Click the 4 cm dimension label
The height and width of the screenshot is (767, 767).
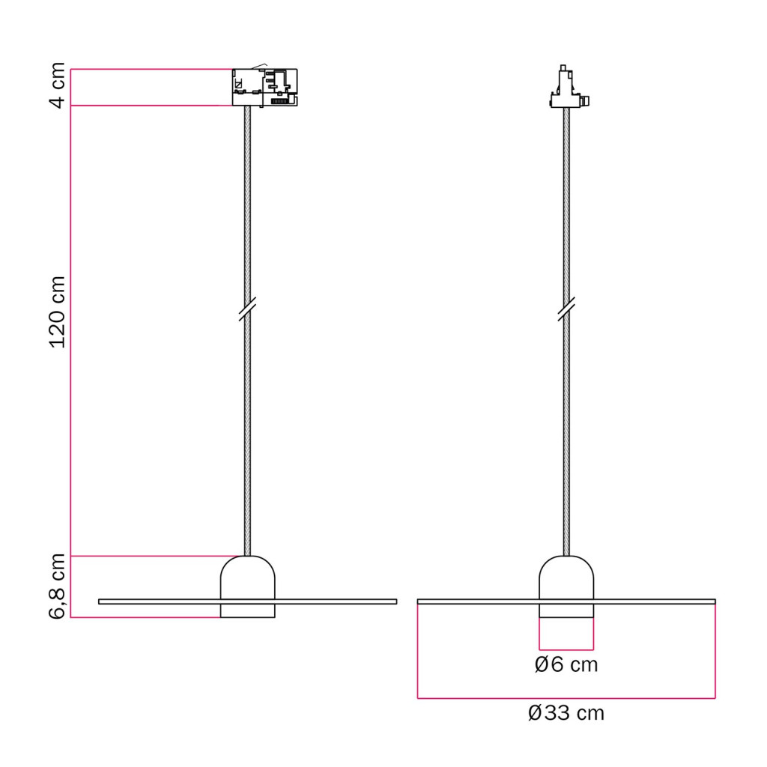58,85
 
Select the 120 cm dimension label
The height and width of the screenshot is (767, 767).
58,312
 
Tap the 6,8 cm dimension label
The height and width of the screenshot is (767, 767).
58,586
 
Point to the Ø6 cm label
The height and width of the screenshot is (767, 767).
566,665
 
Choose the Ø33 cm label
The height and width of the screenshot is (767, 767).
566,713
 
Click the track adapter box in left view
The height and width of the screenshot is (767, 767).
264,87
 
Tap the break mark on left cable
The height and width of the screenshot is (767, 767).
247,309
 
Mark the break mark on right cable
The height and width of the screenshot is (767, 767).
566,309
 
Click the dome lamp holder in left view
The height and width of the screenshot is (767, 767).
247,586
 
